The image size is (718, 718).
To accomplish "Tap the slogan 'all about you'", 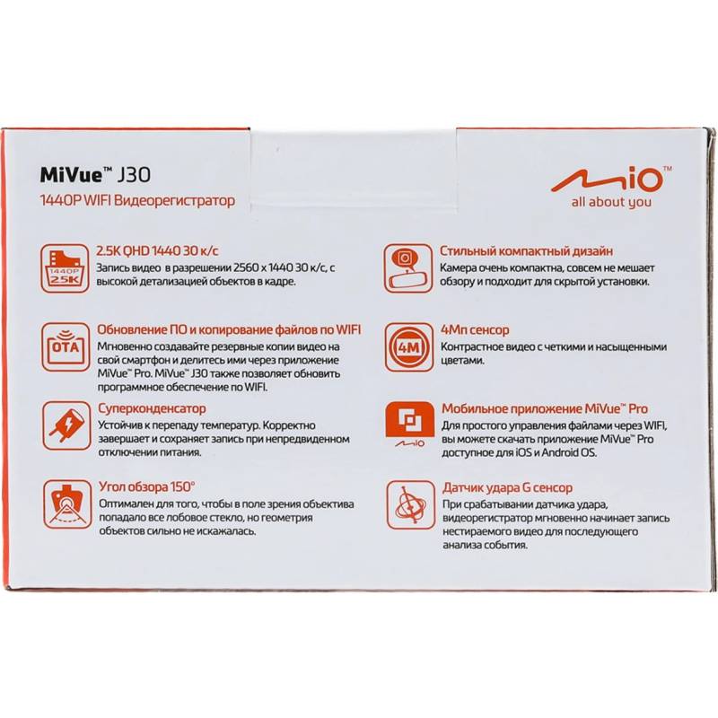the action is (x=611, y=202).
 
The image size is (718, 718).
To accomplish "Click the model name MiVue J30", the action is (x=95, y=175).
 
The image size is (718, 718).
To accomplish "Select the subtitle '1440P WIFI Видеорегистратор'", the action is (x=138, y=200).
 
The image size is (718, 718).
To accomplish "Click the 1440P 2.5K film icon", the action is (x=65, y=268).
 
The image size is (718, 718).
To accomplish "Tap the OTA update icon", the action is (x=66, y=347).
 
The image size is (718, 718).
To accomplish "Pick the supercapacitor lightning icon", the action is (x=66, y=425).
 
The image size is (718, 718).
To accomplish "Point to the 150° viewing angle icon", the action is (x=67, y=504).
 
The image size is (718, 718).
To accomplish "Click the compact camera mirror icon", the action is (x=408, y=268).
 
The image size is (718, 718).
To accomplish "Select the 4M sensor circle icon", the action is (x=409, y=347).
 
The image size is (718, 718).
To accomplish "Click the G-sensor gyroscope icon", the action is (x=411, y=504).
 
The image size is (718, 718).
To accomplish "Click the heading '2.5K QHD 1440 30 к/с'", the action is (x=158, y=251).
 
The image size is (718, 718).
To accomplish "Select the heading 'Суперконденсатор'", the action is (x=152, y=408).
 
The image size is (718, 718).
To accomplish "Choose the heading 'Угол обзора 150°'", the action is (x=147, y=486).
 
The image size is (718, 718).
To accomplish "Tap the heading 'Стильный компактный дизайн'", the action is (x=526, y=251).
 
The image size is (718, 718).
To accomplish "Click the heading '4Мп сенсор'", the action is (x=475, y=329).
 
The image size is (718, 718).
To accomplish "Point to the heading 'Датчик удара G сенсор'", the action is (x=507, y=487).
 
